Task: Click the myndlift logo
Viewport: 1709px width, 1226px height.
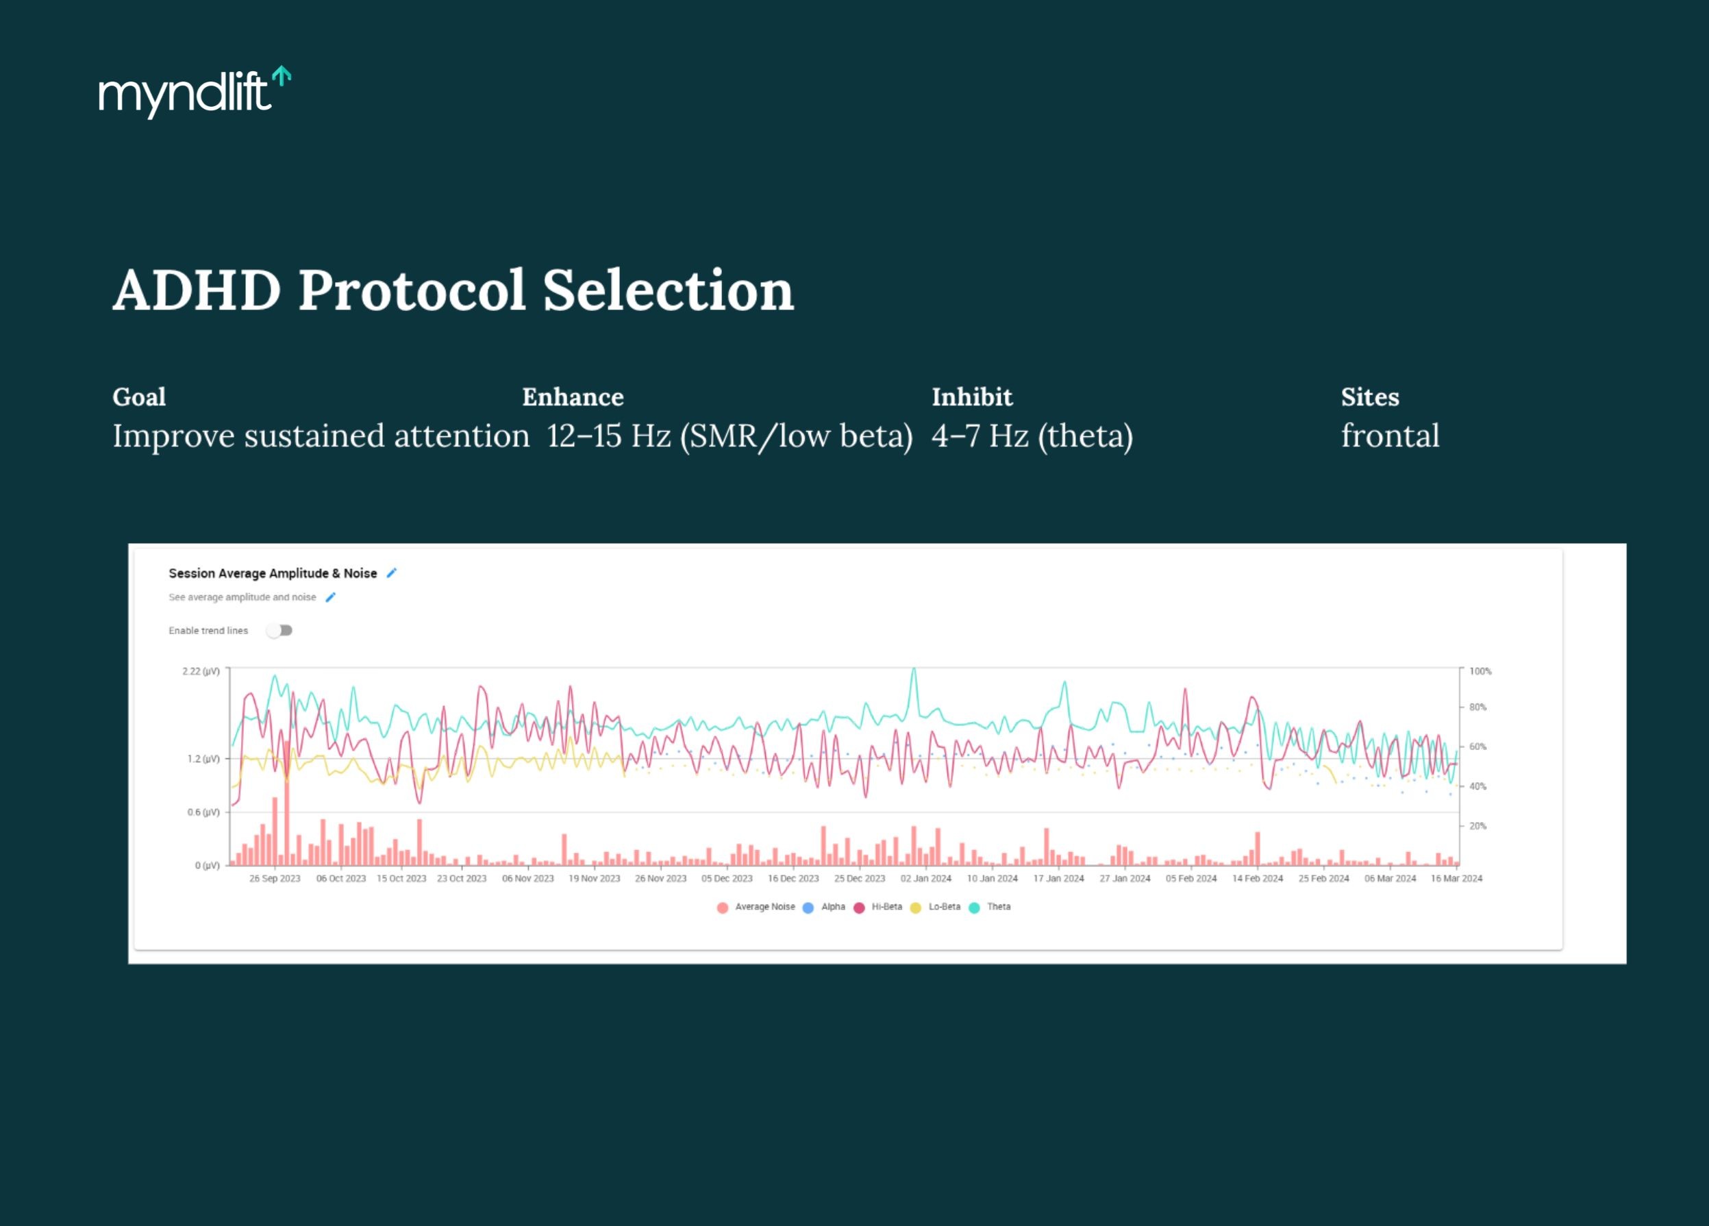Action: coord(194,92)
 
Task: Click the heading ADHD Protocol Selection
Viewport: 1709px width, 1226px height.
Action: coord(453,290)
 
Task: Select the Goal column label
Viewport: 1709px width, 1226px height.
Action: coord(138,397)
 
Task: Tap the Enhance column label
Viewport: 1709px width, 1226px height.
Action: coord(573,397)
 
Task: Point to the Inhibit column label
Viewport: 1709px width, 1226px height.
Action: coord(971,397)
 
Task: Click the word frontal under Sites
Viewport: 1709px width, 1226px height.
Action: coord(1390,436)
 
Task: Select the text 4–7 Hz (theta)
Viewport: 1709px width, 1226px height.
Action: coord(1032,436)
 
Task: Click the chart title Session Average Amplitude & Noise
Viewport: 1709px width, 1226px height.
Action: coord(272,573)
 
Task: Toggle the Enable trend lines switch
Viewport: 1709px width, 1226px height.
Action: coord(279,631)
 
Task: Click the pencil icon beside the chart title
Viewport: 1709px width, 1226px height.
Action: coord(391,573)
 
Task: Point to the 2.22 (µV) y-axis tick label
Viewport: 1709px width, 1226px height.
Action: coord(201,671)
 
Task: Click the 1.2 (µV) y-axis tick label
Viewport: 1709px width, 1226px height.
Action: coord(203,759)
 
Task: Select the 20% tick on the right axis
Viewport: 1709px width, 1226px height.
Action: coord(1477,826)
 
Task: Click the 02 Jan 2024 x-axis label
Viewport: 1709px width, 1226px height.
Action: coord(925,879)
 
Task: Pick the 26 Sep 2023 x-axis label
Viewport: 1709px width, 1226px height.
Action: coord(274,879)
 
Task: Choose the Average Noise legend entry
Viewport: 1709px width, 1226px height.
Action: coord(764,908)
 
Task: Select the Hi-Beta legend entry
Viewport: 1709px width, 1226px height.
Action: coord(886,908)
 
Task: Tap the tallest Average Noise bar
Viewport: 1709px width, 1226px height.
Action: coord(287,803)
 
